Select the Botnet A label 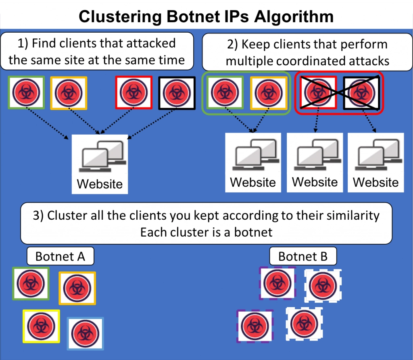pos(60,256)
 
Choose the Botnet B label pos(302,256)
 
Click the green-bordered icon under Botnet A pos(31,283)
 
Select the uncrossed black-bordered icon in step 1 pos(177,93)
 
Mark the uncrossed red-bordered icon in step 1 pos(133,93)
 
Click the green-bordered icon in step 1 pos(26,93)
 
